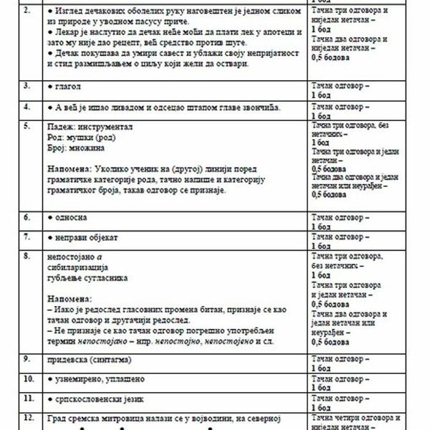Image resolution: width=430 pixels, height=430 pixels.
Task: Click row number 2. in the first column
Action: coord(26,11)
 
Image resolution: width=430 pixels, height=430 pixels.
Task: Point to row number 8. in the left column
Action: coord(26,255)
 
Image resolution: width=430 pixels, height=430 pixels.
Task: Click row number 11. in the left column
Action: coord(27,396)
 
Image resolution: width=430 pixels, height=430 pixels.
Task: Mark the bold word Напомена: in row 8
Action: coord(70,297)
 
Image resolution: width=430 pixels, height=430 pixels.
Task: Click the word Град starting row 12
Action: coord(57,416)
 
